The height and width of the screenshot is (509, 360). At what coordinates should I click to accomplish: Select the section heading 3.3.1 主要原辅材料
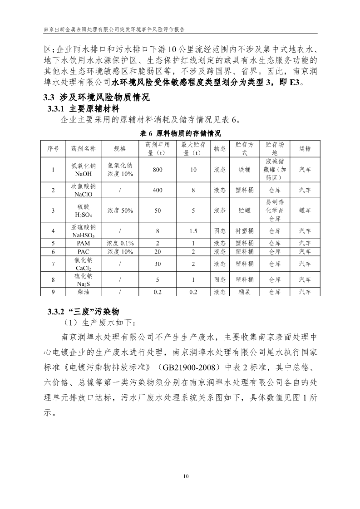click(x=83, y=109)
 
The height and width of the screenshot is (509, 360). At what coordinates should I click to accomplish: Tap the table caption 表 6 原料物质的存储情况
click(x=180, y=133)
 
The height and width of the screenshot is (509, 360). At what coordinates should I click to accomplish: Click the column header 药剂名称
click(x=84, y=148)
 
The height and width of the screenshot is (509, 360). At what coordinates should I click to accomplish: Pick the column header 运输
click(x=305, y=148)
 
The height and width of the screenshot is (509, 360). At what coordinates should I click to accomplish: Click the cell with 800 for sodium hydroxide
click(x=158, y=170)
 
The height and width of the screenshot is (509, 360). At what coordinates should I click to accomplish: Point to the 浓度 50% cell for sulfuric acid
click(x=120, y=210)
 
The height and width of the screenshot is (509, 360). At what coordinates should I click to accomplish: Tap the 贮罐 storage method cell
click(x=244, y=210)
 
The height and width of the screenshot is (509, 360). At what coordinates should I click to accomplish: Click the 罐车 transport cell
click(x=305, y=210)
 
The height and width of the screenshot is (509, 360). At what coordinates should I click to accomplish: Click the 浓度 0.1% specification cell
click(x=120, y=243)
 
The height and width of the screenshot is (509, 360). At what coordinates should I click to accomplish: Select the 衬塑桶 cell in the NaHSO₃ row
click(x=244, y=231)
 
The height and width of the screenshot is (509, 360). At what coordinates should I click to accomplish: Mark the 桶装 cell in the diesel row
click(x=244, y=292)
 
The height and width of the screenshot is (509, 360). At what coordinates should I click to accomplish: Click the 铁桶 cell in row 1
click(x=244, y=170)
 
